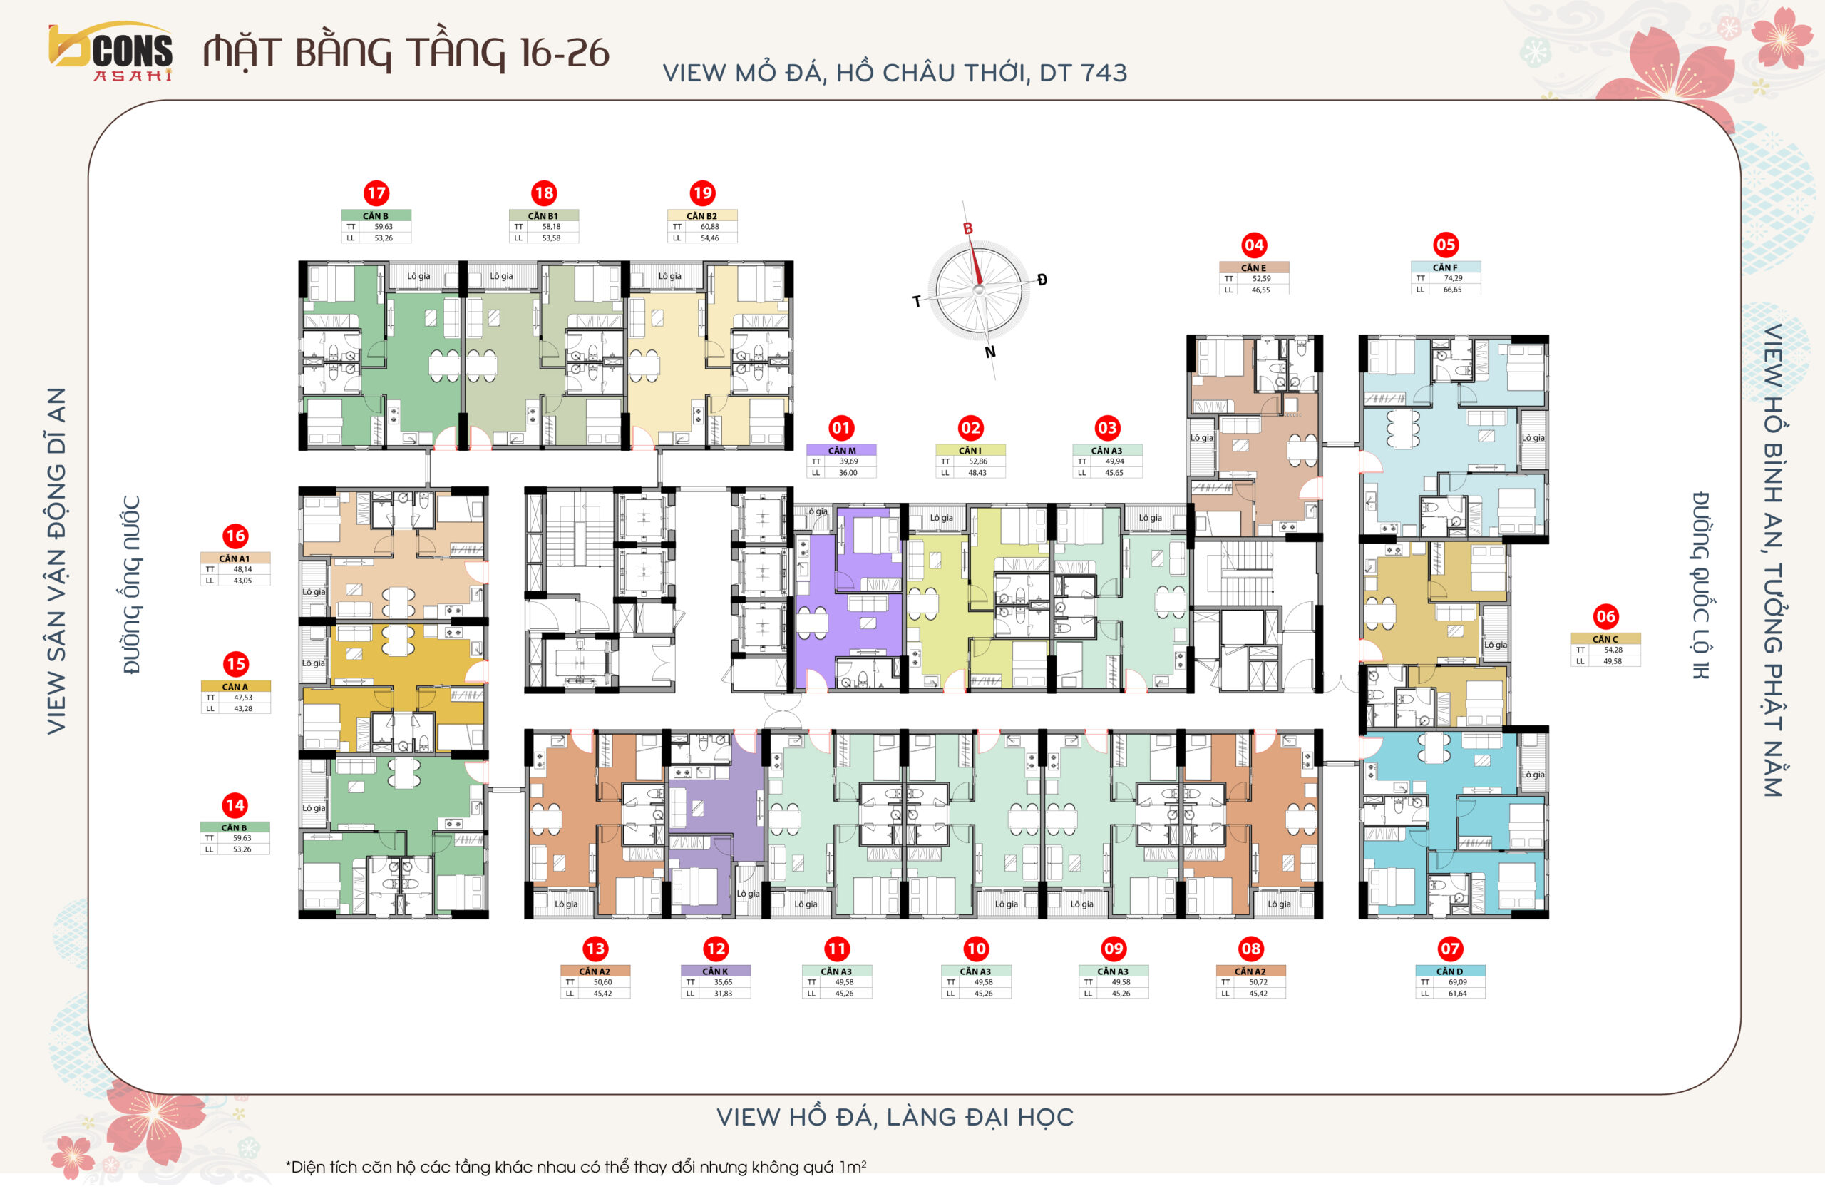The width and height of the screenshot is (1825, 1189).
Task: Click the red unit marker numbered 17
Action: tap(376, 193)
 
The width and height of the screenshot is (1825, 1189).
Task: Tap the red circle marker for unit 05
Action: tap(1446, 245)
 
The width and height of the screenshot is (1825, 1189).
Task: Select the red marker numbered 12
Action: tap(716, 949)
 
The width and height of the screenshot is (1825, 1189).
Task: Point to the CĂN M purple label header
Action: tap(841, 450)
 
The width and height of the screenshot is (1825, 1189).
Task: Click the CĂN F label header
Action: tap(1446, 267)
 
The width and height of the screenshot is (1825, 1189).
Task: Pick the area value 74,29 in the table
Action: tap(1453, 277)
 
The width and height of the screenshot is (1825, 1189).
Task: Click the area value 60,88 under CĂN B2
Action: tap(709, 226)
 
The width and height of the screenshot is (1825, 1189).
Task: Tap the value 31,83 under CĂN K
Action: tap(723, 993)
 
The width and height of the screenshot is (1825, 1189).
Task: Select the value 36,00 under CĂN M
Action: tap(848, 472)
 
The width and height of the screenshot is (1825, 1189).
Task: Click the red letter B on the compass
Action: tap(967, 228)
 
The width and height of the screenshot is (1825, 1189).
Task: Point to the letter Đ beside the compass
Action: tap(1042, 280)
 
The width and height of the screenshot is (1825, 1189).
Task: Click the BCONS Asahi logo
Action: tap(110, 51)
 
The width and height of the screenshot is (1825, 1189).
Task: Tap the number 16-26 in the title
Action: tap(565, 52)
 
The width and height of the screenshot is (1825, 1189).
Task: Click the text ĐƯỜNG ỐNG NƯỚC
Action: tap(132, 585)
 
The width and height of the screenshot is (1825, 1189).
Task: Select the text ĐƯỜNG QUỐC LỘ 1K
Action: tap(1700, 586)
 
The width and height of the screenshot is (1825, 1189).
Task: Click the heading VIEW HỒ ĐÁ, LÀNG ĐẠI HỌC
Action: tap(895, 1117)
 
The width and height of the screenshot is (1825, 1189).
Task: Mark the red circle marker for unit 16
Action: tap(235, 536)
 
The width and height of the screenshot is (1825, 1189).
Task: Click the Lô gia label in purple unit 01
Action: tap(816, 511)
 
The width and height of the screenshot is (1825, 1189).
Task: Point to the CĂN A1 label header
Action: tap(235, 558)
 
